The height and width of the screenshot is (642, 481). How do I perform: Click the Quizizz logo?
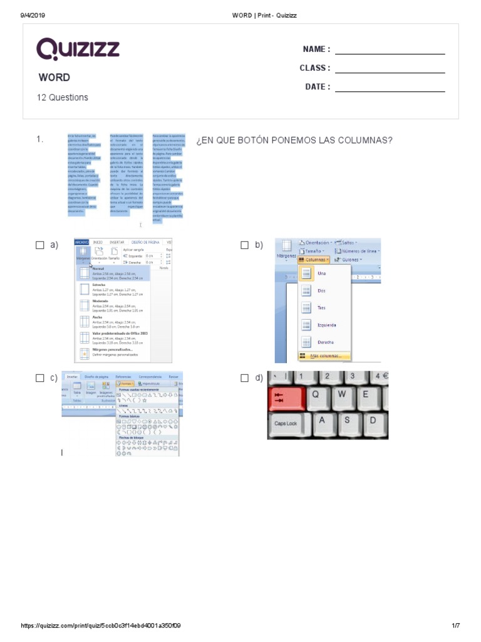[x=78, y=49]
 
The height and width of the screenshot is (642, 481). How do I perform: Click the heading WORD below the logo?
[x=54, y=78]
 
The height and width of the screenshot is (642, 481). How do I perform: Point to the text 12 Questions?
[x=63, y=98]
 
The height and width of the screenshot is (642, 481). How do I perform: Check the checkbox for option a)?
[x=40, y=246]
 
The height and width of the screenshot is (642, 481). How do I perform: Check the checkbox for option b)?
[x=245, y=246]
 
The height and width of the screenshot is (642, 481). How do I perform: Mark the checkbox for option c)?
[x=40, y=378]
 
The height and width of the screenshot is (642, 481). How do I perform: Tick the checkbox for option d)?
[x=245, y=378]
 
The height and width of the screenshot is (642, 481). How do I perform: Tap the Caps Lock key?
[x=286, y=423]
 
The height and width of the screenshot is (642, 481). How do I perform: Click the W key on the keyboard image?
[x=341, y=394]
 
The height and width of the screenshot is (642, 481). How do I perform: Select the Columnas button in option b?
[x=314, y=259]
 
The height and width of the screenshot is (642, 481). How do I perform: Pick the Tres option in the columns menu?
[x=321, y=308]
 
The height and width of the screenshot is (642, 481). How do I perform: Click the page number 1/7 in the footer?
[x=455, y=626]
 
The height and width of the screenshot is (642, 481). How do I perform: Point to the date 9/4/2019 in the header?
[x=33, y=15]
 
